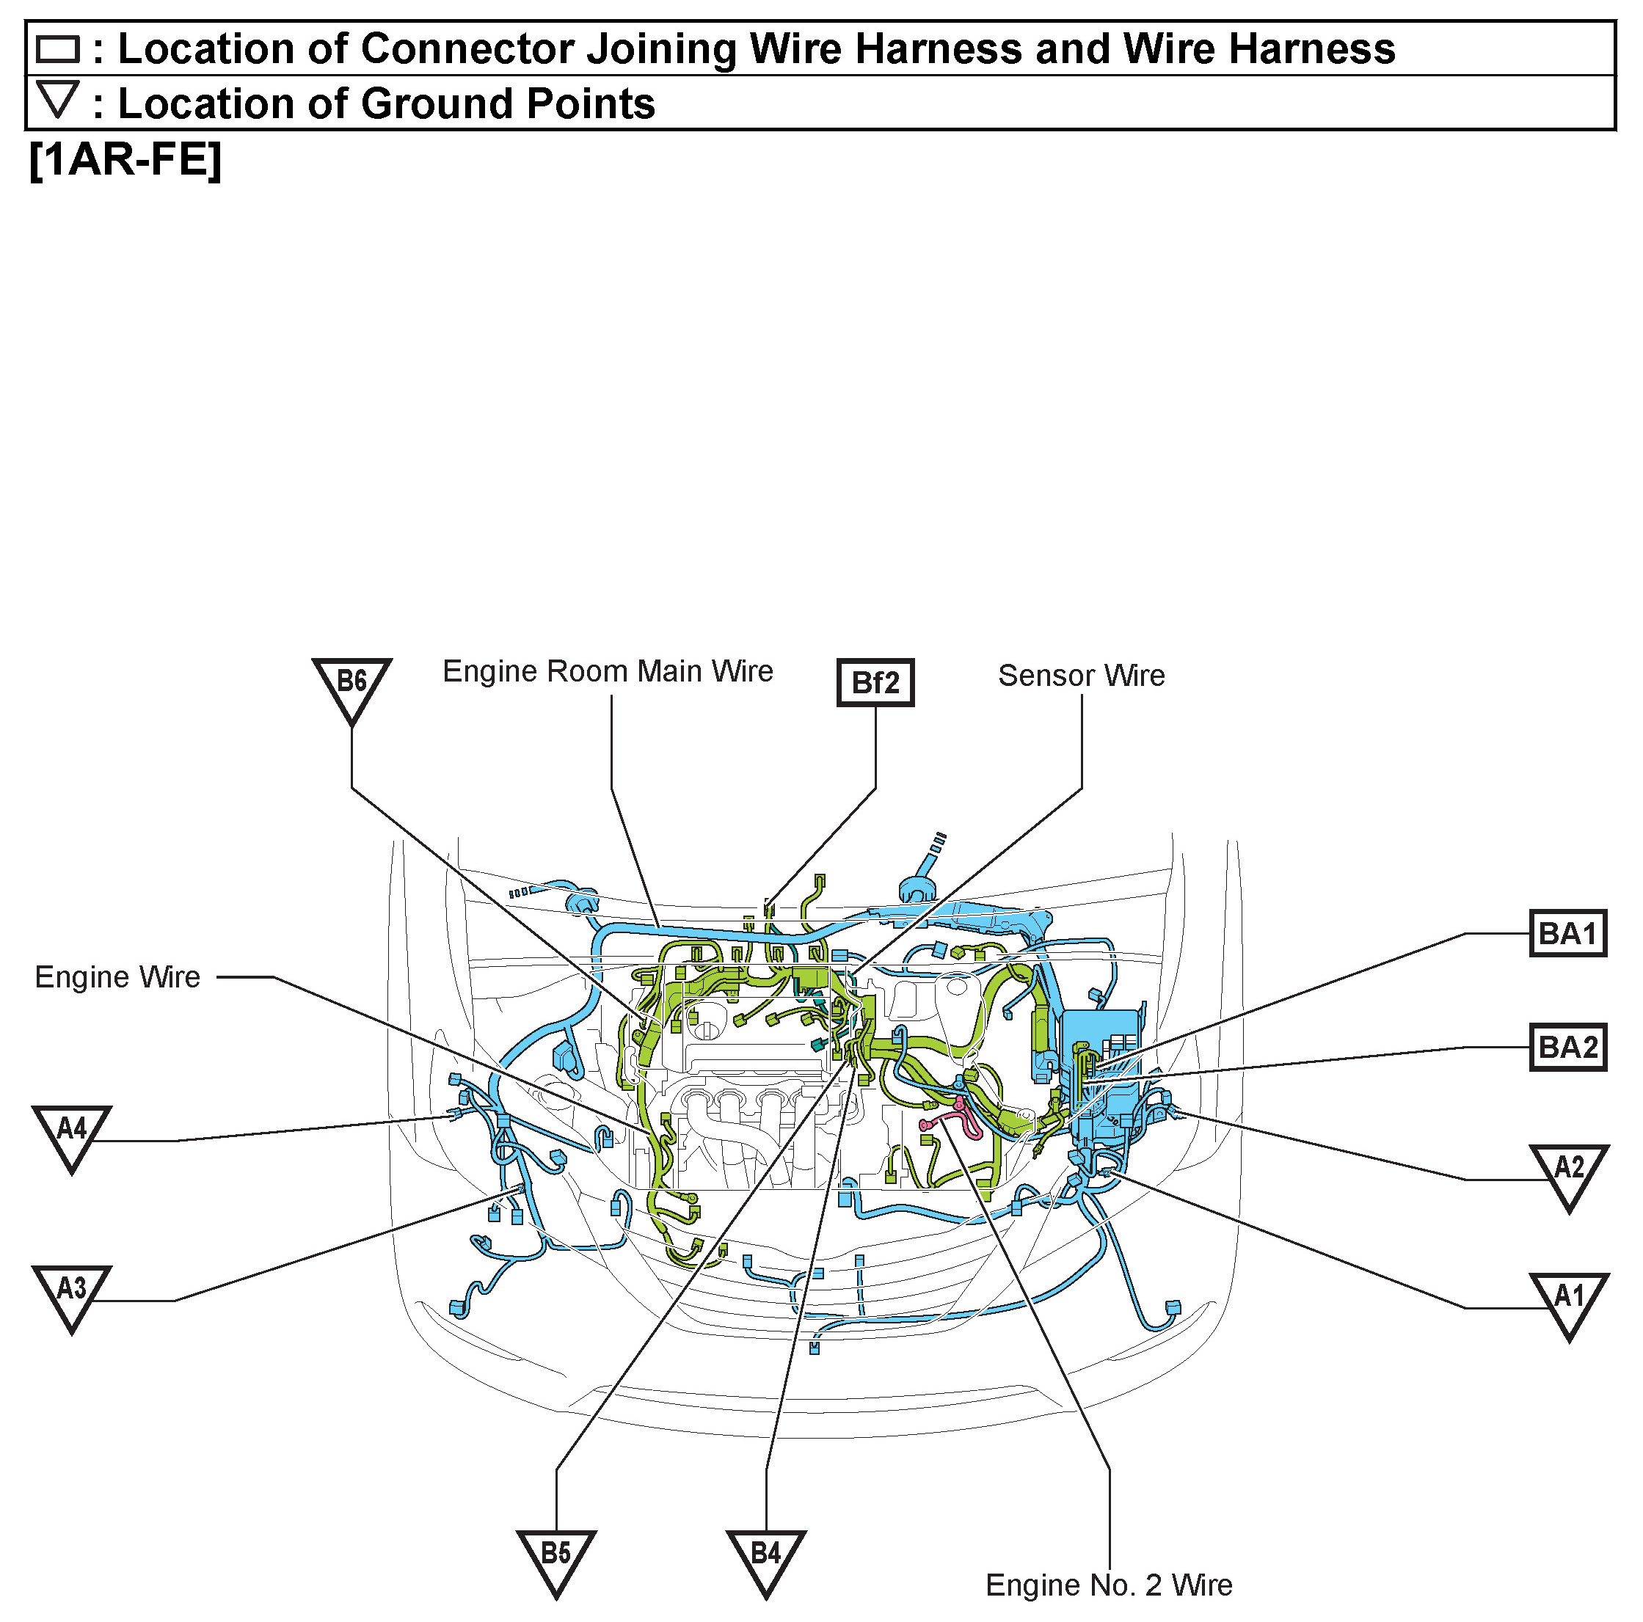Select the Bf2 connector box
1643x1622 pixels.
click(x=875, y=683)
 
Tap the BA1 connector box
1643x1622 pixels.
click(x=1567, y=933)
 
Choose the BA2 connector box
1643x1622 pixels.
click(x=1567, y=1046)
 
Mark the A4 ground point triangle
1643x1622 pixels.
click(x=71, y=1133)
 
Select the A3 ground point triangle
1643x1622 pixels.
click(x=71, y=1293)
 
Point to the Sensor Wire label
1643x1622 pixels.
click(x=1081, y=676)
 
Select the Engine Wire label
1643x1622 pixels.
click(x=117, y=978)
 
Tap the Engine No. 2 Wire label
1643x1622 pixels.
click(x=1108, y=1585)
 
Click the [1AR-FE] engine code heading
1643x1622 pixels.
click(x=125, y=159)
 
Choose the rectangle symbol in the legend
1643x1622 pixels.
click(x=58, y=49)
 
